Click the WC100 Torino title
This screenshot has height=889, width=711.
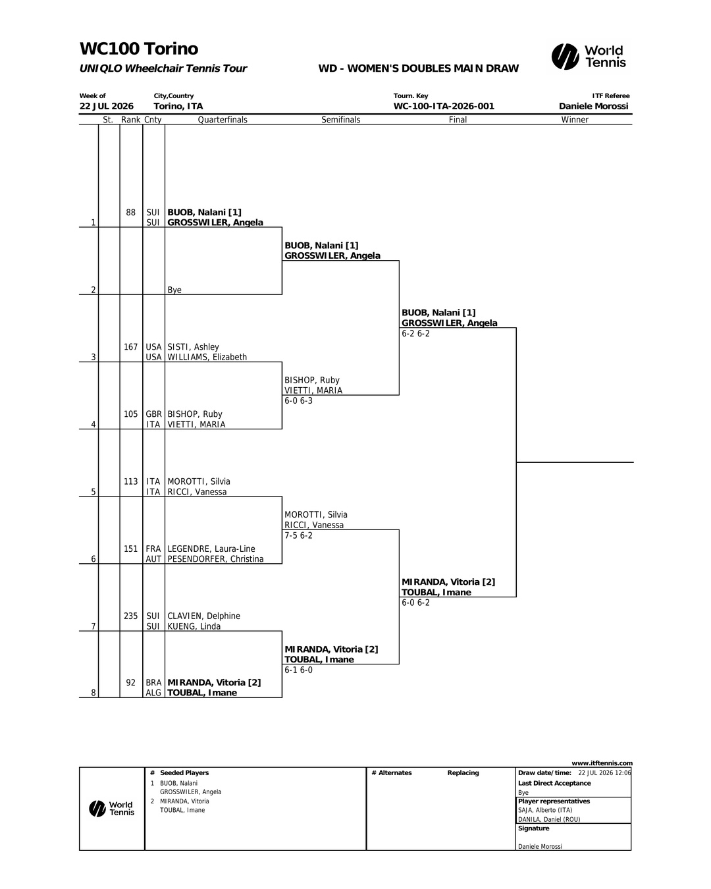tap(139, 49)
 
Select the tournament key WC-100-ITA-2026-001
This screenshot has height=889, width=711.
tap(444, 106)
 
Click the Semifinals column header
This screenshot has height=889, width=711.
tap(341, 120)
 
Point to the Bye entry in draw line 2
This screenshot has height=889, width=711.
tap(174, 290)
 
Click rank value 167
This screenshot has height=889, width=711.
tap(130, 347)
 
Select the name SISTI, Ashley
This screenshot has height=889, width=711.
tap(193, 347)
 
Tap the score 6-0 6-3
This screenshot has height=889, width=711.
tap(299, 401)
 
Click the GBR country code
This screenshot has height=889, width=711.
tap(153, 414)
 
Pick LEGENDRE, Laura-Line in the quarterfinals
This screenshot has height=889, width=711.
tap(211, 549)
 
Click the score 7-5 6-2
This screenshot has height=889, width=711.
tap(299, 535)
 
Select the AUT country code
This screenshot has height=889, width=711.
tap(153, 559)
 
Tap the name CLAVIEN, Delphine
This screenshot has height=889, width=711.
tap(203, 616)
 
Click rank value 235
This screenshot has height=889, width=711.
tap(130, 616)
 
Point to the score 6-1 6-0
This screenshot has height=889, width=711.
tap(299, 670)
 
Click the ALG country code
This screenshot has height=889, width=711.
tap(153, 693)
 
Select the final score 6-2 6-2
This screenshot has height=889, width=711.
tap(415, 333)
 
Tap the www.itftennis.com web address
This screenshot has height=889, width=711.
tap(602, 763)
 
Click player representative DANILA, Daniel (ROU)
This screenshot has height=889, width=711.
tap(549, 819)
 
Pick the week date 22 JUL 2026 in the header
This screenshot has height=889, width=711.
tap(107, 106)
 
